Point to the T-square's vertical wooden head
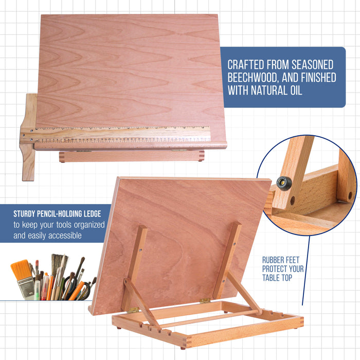click(x=29, y=136)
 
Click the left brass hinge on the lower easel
click(x=133, y=310)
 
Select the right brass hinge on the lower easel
click(x=205, y=300)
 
